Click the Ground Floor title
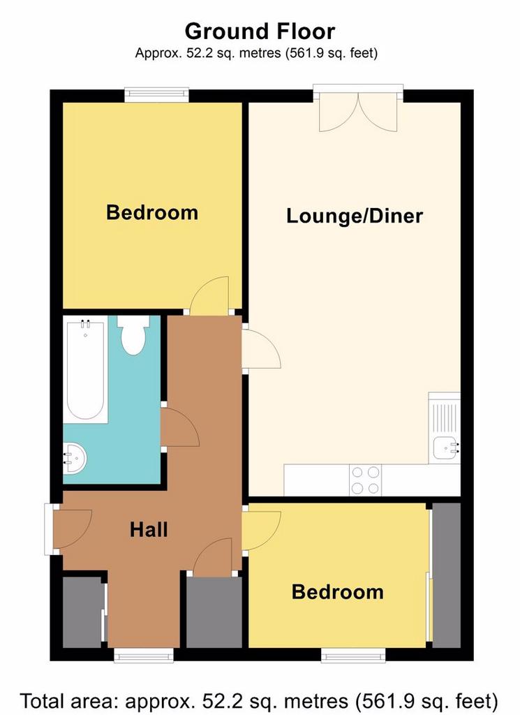pyautogui.click(x=260, y=31)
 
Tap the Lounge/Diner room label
pyautogui.click(x=355, y=216)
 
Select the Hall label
pyautogui.click(x=149, y=530)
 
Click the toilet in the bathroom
pyautogui.click(x=133, y=335)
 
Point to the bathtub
pyautogui.click(x=85, y=369)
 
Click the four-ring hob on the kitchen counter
pyautogui.click(x=366, y=480)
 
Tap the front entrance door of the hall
pyautogui.click(x=72, y=529)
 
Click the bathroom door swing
pyautogui.click(x=180, y=427)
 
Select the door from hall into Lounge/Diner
pyautogui.click(x=261, y=348)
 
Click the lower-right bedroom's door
pyautogui.click(x=261, y=531)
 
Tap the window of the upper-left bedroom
pyautogui.click(x=157, y=94)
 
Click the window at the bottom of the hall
pyautogui.click(x=144, y=655)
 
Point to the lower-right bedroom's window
pyautogui.click(x=353, y=655)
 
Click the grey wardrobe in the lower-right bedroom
pyautogui.click(x=446, y=575)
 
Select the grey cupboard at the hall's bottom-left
pyautogui.click(x=82, y=612)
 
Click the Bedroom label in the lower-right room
pyautogui.click(x=338, y=592)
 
